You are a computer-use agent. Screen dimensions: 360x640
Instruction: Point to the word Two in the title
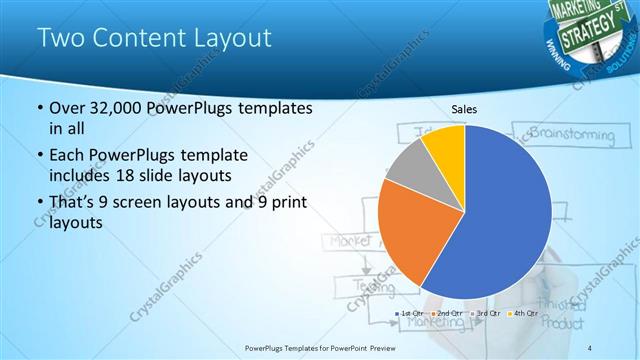[59, 39]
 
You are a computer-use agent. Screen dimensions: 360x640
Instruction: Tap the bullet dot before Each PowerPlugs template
[39, 156]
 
